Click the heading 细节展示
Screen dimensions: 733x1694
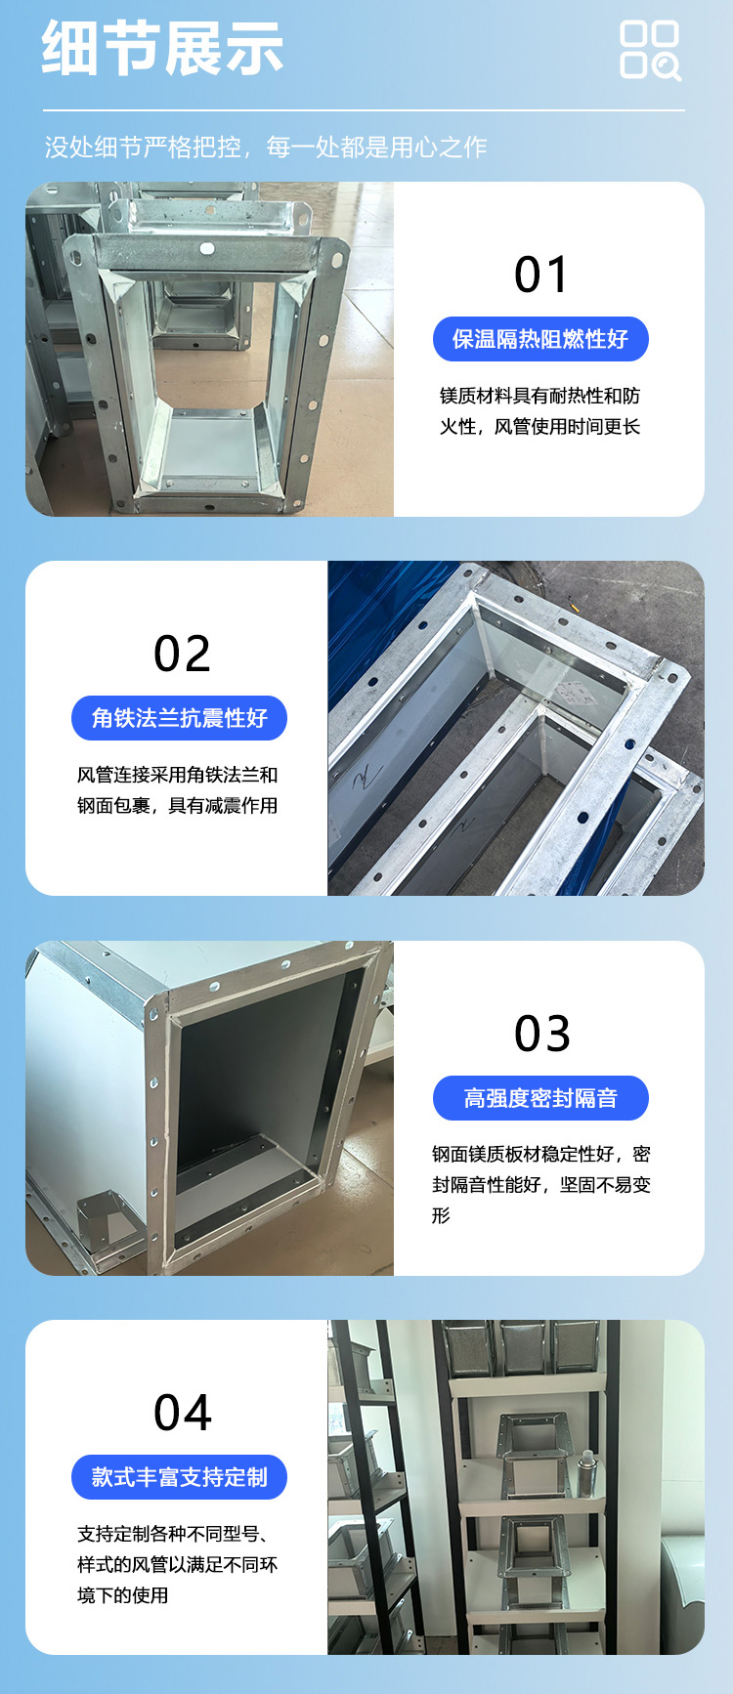point(162,49)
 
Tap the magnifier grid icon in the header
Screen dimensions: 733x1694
point(650,50)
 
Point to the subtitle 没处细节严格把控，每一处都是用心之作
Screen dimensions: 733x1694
point(266,148)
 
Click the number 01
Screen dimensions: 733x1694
point(540,275)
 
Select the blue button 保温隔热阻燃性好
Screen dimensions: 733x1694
point(540,339)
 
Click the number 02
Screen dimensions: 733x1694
point(182,654)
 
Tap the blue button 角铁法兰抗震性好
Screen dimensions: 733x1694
point(179,718)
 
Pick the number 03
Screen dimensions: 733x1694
point(542,1034)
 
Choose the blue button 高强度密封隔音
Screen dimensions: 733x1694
point(540,1098)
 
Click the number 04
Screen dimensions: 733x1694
point(183,1413)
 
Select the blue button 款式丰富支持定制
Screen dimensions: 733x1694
point(179,1477)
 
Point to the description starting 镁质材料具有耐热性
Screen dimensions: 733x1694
point(539,411)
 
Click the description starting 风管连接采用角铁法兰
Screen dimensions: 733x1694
point(178,790)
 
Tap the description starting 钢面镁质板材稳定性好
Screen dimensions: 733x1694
point(541,1184)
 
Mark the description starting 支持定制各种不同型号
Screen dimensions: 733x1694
point(178,1564)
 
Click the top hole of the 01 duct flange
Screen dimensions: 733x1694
point(207,249)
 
